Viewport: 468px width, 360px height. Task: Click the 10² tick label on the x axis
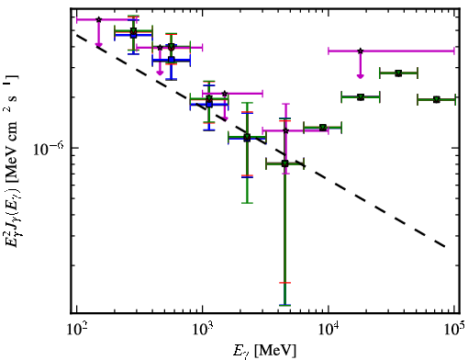(x=77, y=329)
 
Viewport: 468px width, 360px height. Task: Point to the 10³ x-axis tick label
(x=203, y=329)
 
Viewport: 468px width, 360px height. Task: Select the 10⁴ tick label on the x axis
(x=329, y=329)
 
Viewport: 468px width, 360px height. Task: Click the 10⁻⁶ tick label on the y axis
(x=49, y=149)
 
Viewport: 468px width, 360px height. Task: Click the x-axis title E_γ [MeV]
(x=265, y=350)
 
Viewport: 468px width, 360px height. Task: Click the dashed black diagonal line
(x=261, y=141)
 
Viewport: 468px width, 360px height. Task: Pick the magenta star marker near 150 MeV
(x=98, y=19)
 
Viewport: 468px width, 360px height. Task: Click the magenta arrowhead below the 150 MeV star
(x=98, y=46)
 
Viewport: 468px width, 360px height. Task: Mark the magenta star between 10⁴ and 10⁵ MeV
(x=361, y=51)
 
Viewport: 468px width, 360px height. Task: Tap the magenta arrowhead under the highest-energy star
(x=361, y=76)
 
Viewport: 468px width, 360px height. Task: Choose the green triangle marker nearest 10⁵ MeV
(x=437, y=99)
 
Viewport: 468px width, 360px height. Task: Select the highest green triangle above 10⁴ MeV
(x=398, y=73)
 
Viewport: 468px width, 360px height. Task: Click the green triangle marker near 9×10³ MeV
(x=323, y=128)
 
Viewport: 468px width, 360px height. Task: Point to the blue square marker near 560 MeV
(x=172, y=60)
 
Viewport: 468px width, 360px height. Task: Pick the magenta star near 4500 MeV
(x=285, y=130)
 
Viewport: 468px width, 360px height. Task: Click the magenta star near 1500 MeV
(x=225, y=94)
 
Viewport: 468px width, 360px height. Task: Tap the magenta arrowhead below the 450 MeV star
(x=160, y=73)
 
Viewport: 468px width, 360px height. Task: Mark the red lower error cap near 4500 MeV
(x=285, y=283)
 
